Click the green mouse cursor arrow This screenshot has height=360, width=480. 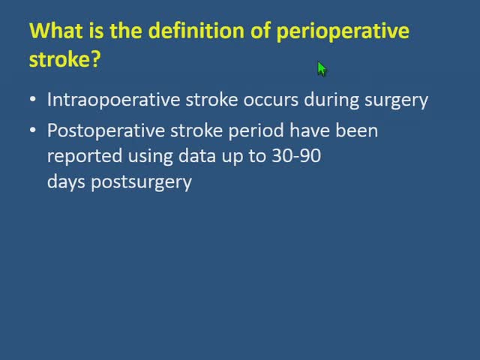(x=322, y=69)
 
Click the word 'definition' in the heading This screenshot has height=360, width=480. (x=188, y=31)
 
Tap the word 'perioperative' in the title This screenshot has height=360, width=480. (x=343, y=31)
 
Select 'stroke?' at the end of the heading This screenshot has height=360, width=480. (x=64, y=60)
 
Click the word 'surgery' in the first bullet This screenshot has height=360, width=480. (x=397, y=100)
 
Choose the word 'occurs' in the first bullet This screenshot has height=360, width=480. (x=266, y=100)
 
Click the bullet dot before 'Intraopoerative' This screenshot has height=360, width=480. (x=33, y=100)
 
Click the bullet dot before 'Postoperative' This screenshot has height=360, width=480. (x=33, y=130)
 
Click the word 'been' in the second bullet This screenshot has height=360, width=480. (x=357, y=130)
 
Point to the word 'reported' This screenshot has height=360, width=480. (x=78, y=156)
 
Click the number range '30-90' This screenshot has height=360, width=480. (x=298, y=156)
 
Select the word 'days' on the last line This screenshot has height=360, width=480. (x=66, y=181)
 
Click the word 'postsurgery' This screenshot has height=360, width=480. (x=141, y=181)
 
